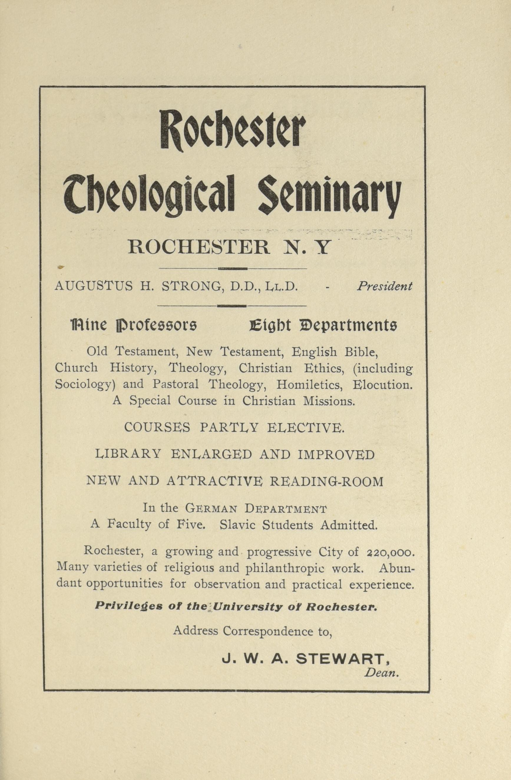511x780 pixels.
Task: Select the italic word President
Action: pyautogui.click(x=384, y=287)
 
